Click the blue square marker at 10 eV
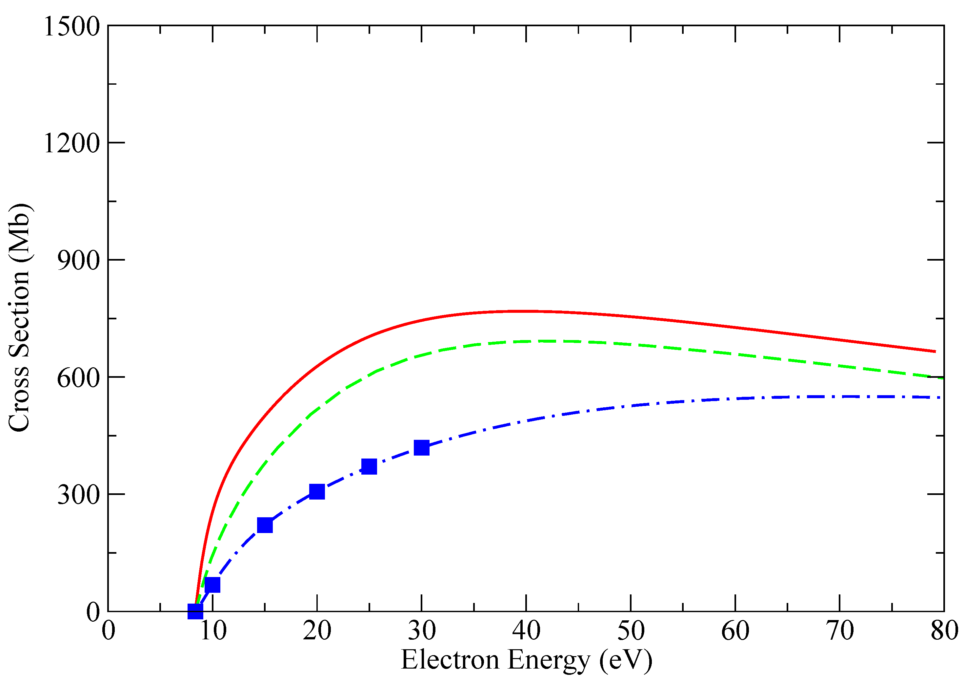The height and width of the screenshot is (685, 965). click(x=212, y=585)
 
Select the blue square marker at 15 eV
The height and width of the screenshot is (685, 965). click(x=265, y=525)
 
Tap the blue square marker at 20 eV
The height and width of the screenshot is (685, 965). click(x=317, y=491)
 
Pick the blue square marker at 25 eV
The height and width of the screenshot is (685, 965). click(x=369, y=466)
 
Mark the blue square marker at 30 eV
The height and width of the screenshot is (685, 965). click(x=421, y=447)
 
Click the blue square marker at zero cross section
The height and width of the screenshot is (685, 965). click(x=195, y=611)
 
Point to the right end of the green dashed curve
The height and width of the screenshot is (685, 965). click(x=943, y=378)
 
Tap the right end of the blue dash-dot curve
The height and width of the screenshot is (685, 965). click(x=940, y=397)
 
